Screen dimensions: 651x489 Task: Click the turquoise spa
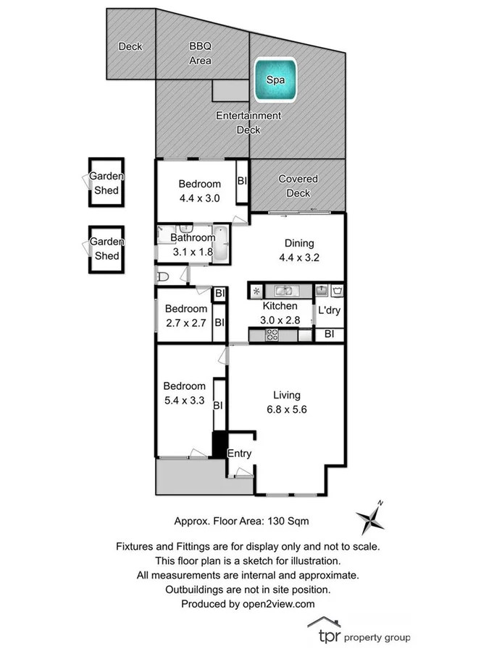pos(275,80)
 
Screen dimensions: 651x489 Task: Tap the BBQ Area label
pos(201,54)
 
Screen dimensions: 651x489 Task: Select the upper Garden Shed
pos(106,183)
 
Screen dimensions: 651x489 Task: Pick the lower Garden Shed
pos(106,249)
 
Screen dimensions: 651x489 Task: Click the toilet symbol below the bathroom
pos(164,276)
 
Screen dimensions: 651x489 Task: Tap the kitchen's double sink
pos(278,291)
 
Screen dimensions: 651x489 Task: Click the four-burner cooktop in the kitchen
pos(273,334)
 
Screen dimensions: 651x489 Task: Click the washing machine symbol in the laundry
pos(337,291)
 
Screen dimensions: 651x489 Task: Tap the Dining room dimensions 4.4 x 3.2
pos(294,255)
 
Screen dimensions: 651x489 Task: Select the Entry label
pos(239,454)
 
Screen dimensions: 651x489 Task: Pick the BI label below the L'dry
pos(329,334)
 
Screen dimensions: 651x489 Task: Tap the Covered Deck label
pos(298,186)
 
